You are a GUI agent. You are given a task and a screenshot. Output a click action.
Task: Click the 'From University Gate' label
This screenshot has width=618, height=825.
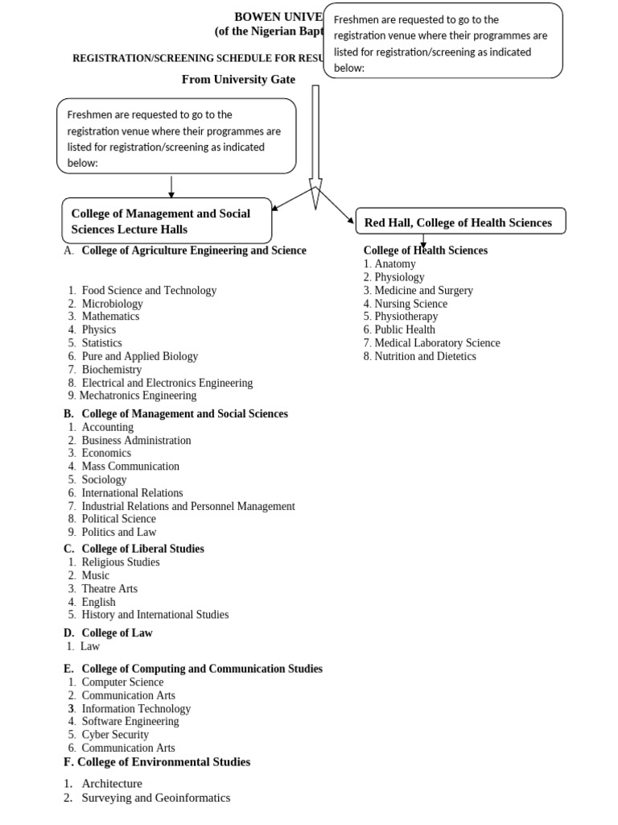pyautogui.click(x=238, y=79)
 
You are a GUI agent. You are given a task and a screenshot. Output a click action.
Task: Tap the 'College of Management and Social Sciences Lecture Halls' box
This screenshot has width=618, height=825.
pyautogui.click(x=167, y=222)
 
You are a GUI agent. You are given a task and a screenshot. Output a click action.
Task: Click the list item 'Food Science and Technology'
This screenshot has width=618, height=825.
pyautogui.click(x=149, y=290)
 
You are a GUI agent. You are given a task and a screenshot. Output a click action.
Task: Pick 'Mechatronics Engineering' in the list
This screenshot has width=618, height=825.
pyautogui.click(x=138, y=396)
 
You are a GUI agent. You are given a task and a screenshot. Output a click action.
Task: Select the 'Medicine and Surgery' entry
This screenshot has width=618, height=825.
pyautogui.click(x=423, y=290)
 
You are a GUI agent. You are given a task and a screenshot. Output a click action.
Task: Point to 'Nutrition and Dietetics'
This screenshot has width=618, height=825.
pyautogui.click(x=425, y=356)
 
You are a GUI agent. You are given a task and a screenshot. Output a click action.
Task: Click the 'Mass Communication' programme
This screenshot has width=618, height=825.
pyautogui.click(x=130, y=466)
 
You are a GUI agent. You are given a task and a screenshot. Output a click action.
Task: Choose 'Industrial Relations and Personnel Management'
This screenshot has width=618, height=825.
pyautogui.click(x=188, y=506)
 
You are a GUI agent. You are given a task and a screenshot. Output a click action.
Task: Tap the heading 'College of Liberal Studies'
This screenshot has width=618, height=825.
pyautogui.click(x=142, y=549)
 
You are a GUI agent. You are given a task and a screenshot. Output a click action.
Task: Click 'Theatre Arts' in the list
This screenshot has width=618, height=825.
pyautogui.click(x=109, y=589)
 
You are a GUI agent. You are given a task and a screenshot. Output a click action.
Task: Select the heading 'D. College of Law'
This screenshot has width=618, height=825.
pyautogui.click(x=109, y=633)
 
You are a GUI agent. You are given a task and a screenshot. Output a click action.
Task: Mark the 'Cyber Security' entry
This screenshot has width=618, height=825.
pyautogui.click(x=115, y=735)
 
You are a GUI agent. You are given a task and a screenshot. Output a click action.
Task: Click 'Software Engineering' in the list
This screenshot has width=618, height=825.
pyautogui.click(x=130, y=721)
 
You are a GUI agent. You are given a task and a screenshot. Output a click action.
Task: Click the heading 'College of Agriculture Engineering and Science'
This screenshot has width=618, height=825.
pyautogui.click(x=193, y=251)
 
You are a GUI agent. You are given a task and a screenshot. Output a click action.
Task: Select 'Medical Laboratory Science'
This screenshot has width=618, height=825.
pyautogui.click(x=437, y=343)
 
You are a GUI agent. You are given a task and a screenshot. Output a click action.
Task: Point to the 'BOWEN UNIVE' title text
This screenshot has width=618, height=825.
pyautogui.click(x=278, y=17)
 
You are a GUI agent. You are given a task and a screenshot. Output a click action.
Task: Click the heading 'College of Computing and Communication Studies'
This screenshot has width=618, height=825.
pyautogui.click(x=201, y=669)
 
